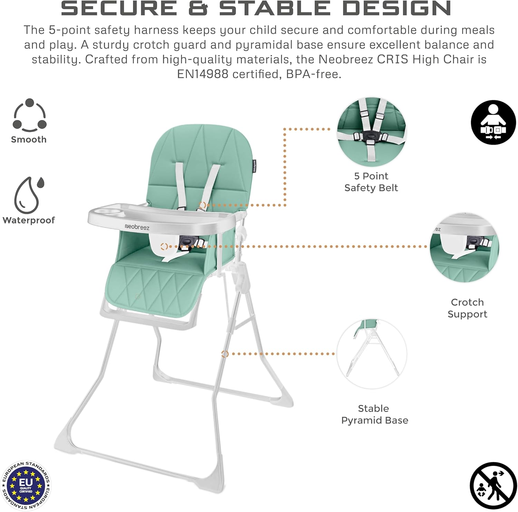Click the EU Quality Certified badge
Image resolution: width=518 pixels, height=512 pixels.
[26, 485]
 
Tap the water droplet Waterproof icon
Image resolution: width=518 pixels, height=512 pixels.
[29, 195]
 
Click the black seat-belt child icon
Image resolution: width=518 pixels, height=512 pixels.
[493, 122]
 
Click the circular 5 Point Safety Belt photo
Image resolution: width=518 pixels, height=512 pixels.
[372, 132]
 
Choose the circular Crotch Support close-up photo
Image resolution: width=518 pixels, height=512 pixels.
[464, 247]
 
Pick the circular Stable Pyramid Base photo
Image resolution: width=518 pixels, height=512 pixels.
[372, 354]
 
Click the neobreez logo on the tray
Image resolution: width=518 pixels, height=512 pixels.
[137, 227]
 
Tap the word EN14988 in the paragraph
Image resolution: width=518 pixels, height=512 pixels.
[203, 74]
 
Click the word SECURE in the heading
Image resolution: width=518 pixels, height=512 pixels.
[119, 8]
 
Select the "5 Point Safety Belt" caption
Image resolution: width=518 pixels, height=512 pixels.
[371, 182]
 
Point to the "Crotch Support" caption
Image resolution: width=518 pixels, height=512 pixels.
[467, 308]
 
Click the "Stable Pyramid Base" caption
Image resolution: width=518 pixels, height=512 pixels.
[375, 414]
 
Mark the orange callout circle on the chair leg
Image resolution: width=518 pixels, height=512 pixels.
[225, 354]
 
